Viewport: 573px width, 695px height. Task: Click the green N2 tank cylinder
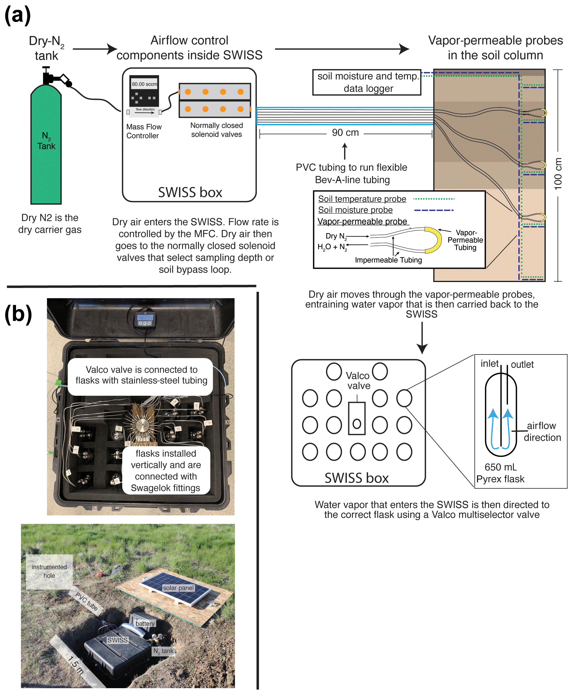click(46, 145)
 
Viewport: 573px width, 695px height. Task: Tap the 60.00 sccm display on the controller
click(144, 84)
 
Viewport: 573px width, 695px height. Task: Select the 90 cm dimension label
click(345, 133)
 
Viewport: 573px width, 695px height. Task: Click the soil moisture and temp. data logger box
click(367, 82)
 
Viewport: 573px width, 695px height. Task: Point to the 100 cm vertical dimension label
click(558, 174)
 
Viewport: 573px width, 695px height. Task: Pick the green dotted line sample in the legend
click(434, 199)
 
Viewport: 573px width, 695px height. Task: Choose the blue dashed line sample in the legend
click(434, 210)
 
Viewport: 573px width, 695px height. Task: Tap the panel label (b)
click(18, 314)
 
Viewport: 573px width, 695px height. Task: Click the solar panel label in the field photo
click(178, 588)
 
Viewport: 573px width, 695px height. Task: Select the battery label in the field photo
click(145, 623)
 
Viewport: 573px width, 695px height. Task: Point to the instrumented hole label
click(49, 571)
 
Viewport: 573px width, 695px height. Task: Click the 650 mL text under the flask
click(500, 467)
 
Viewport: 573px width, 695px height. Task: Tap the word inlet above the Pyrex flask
click(489, 364)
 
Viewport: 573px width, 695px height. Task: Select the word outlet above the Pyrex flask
click(522, 364)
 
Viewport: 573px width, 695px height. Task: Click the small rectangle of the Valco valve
click(357, 418)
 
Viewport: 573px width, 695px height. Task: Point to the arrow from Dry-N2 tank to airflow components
click(95, 49)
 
